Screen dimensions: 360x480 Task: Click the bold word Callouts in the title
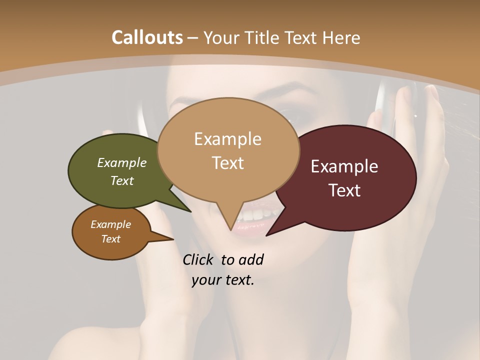click(x=147, y=37)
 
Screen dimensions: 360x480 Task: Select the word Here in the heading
click(x=341, y=37)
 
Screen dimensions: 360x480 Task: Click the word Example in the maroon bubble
click(x=344, y=166)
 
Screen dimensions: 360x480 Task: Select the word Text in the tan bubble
click(x=228, y=163)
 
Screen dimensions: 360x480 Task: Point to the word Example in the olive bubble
click(x=122, y=162)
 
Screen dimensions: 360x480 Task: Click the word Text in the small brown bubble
click(x=111, y=239)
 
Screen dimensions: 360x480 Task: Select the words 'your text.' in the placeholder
click(x=223, y=280)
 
